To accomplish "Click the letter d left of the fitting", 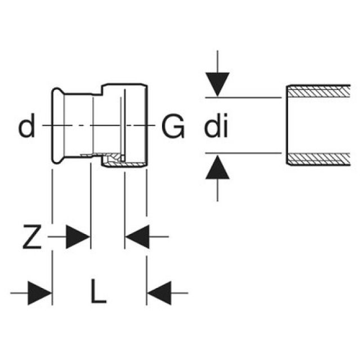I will coord(26,127).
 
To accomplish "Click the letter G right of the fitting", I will coord(173,127).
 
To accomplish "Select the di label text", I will coord(216,128).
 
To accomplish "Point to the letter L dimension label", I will coord(99,292).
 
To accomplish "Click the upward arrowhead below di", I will coord(218,167).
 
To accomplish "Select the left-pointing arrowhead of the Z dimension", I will coord(137,237).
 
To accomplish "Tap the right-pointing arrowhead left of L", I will coord(39,292).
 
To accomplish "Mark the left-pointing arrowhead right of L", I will coord(159,292).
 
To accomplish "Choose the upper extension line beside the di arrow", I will coord(242,97).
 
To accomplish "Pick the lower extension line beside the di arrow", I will coord(242,152).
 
